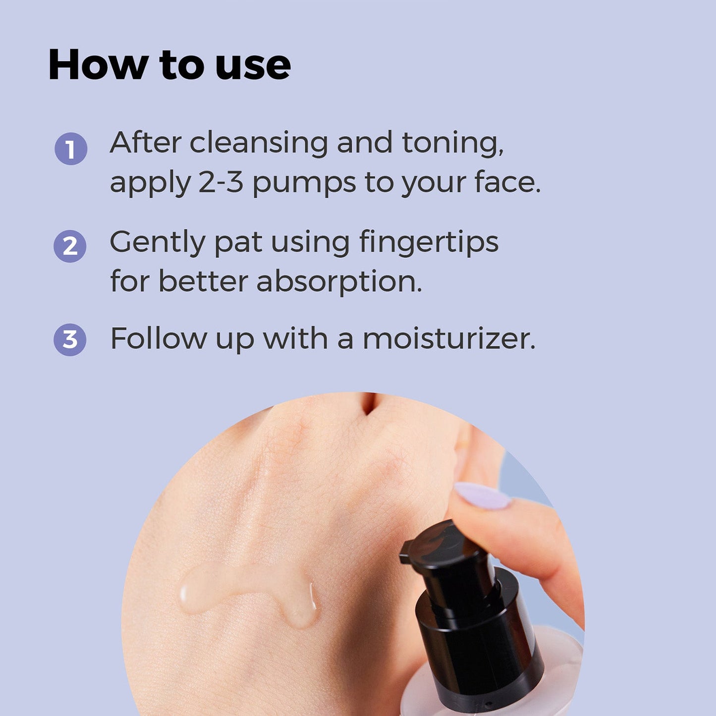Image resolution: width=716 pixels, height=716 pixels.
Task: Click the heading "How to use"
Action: point(169,64)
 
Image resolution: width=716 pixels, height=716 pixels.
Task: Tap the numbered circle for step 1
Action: point(71,149)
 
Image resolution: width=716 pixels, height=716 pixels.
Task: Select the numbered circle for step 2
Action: point(70,246)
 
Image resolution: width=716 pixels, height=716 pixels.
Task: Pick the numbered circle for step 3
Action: point(70,339)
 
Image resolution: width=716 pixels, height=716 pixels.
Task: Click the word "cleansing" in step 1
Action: point(259,144)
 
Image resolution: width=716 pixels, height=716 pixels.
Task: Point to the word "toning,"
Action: point(452,144)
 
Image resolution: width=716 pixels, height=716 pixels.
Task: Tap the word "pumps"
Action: point(304,183)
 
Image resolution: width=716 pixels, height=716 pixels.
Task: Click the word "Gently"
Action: point(158,243)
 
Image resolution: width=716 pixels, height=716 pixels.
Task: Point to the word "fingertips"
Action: point(429,243)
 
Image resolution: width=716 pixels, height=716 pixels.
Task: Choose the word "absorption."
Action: point(339,282)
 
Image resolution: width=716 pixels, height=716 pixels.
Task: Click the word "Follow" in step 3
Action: point(158,339)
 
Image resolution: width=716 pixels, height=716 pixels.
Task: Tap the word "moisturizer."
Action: point(449,339)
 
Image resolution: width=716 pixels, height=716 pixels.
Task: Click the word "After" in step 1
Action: point(145,143)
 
